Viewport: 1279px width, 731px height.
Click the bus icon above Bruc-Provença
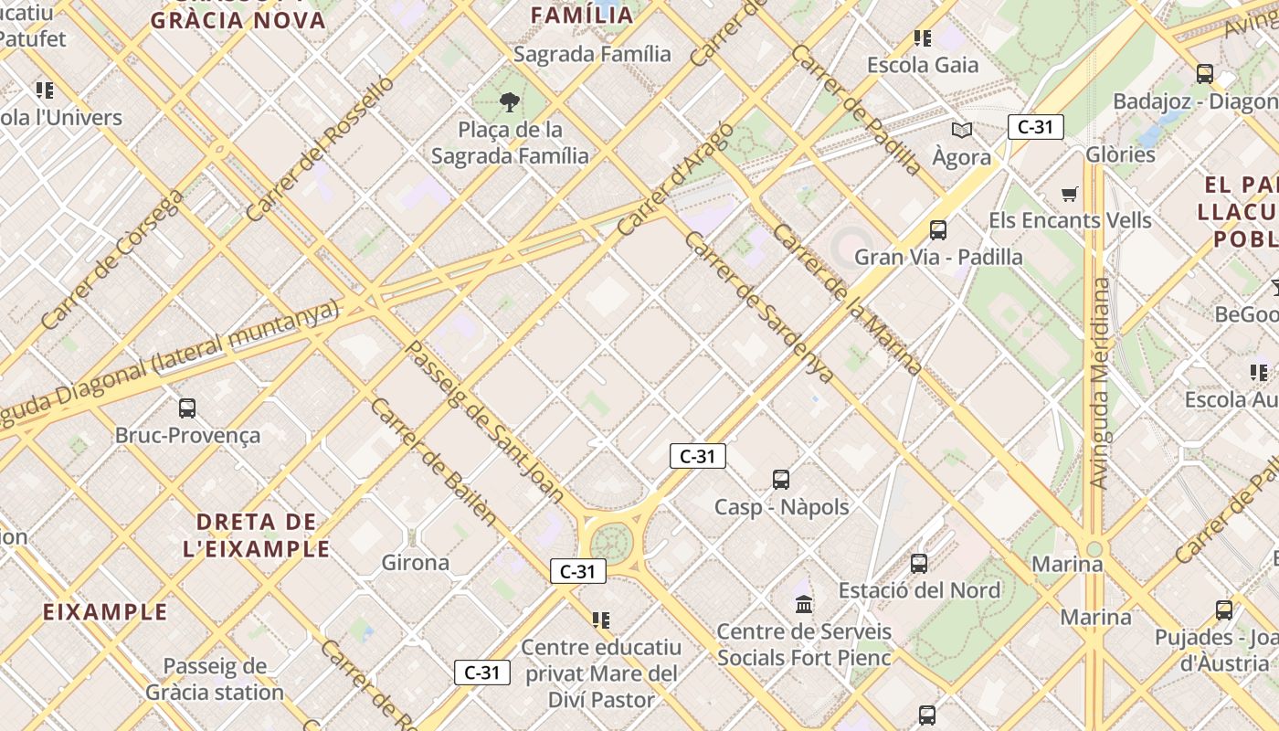[187, 408]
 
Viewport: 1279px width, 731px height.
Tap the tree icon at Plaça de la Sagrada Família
[510, 102]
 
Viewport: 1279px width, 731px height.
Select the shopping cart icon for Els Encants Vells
[1070, 194]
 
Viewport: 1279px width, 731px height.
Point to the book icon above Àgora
[961, 130]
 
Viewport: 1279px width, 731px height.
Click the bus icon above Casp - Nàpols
[781, 480]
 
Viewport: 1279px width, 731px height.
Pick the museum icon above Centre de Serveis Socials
[804, 604]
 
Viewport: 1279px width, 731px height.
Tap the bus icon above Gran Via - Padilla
[938, 230]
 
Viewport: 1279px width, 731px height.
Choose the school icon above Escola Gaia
[923, 38]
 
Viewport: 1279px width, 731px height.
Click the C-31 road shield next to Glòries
[1036, 127]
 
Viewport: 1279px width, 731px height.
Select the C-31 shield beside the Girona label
[577, 572]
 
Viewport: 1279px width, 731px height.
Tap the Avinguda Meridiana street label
[1101, 384]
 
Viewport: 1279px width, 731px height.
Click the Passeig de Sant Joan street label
[484, 420]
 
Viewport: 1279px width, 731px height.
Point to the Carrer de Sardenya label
[758, 307]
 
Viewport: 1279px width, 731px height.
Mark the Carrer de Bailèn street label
[434, 462]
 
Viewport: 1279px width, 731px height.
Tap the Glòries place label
[1120, 154]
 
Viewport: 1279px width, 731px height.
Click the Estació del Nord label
[919, 590]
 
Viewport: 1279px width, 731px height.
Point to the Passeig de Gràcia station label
[215, 679]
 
